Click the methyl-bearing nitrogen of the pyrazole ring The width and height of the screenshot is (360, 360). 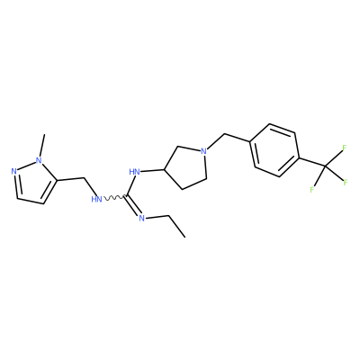pos(39,160)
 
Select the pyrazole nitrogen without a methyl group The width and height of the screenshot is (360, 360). pos(13,172)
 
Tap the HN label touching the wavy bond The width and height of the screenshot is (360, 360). pos(96,199)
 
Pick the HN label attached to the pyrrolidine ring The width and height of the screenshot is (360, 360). pos(135,172)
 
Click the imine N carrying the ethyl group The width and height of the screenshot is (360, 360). pos(142,218)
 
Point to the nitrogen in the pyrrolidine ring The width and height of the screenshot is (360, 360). pos(203,151)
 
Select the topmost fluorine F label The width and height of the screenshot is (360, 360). pos(345,148)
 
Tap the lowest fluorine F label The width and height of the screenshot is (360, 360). pos(312,190)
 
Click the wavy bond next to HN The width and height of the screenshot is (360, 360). pos(114,198)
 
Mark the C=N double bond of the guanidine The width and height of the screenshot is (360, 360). pos(132,205)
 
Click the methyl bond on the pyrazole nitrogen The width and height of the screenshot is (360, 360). pos(42,145)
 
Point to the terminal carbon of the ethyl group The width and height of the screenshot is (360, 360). pos(184,238)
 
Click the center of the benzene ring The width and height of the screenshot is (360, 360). pos(274,150)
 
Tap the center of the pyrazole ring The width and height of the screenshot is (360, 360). pos(32,183)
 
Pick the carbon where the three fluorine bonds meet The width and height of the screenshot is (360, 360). pos(325,166)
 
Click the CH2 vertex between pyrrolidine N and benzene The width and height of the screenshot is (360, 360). pos(224,135)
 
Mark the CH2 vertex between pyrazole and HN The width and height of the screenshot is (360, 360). pos(85,178)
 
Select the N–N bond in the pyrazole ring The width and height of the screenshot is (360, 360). pos(26,166)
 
